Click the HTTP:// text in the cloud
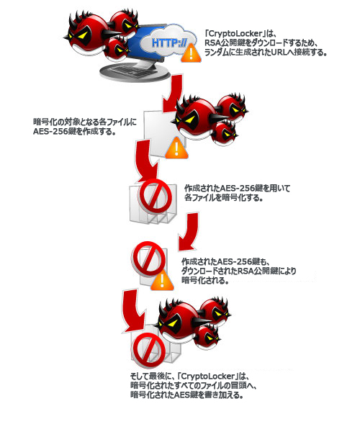tap(169, 43)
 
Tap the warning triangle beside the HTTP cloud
tap(191, 54)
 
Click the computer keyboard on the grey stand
tap(132, 71)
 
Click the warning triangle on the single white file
tap(176, 149)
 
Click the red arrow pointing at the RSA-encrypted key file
tap(188, 232)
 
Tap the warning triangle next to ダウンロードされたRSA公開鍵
tap(162, 281)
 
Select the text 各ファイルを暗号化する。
tap(223, 198)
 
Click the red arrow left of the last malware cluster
tap(133, 311)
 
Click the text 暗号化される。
tap(205, 281)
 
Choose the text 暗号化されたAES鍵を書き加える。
tap(187, 395)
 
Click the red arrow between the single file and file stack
tap(148, 161)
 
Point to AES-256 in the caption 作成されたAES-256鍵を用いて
tap(238, 189)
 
